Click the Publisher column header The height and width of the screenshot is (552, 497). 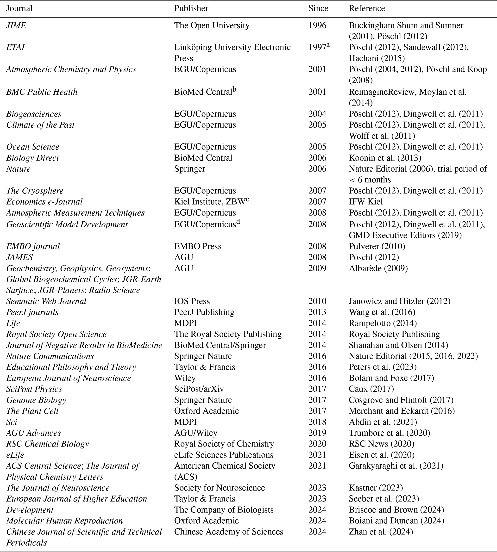click(191, 8)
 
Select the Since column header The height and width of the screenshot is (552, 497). click(318, 8)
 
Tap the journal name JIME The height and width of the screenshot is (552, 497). click(16, 26)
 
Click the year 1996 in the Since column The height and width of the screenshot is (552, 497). click(317, 26)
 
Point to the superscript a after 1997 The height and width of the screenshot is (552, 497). click(328, 45)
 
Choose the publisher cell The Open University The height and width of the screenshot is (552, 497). click(212, 26)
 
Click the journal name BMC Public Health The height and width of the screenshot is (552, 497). click(42, 92)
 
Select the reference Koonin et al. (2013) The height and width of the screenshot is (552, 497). click(385, 158)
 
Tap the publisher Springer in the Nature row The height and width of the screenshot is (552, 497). click(190, 169)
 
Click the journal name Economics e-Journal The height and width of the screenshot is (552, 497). click(44, 202)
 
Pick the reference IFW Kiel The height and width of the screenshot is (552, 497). click(366, 202)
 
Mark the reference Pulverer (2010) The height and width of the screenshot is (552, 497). click(377, 246)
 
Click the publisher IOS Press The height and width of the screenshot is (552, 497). click(192, 301)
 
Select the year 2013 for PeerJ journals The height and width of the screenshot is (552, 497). click(317, 312)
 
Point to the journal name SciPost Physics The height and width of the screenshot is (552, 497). click(34, 389)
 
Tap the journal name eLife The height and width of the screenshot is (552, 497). click(15, 455)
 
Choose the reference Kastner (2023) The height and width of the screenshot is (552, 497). click(376, 488)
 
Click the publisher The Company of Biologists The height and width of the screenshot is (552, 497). click(224, 510)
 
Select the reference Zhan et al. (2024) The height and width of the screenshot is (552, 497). click(381, 532)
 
